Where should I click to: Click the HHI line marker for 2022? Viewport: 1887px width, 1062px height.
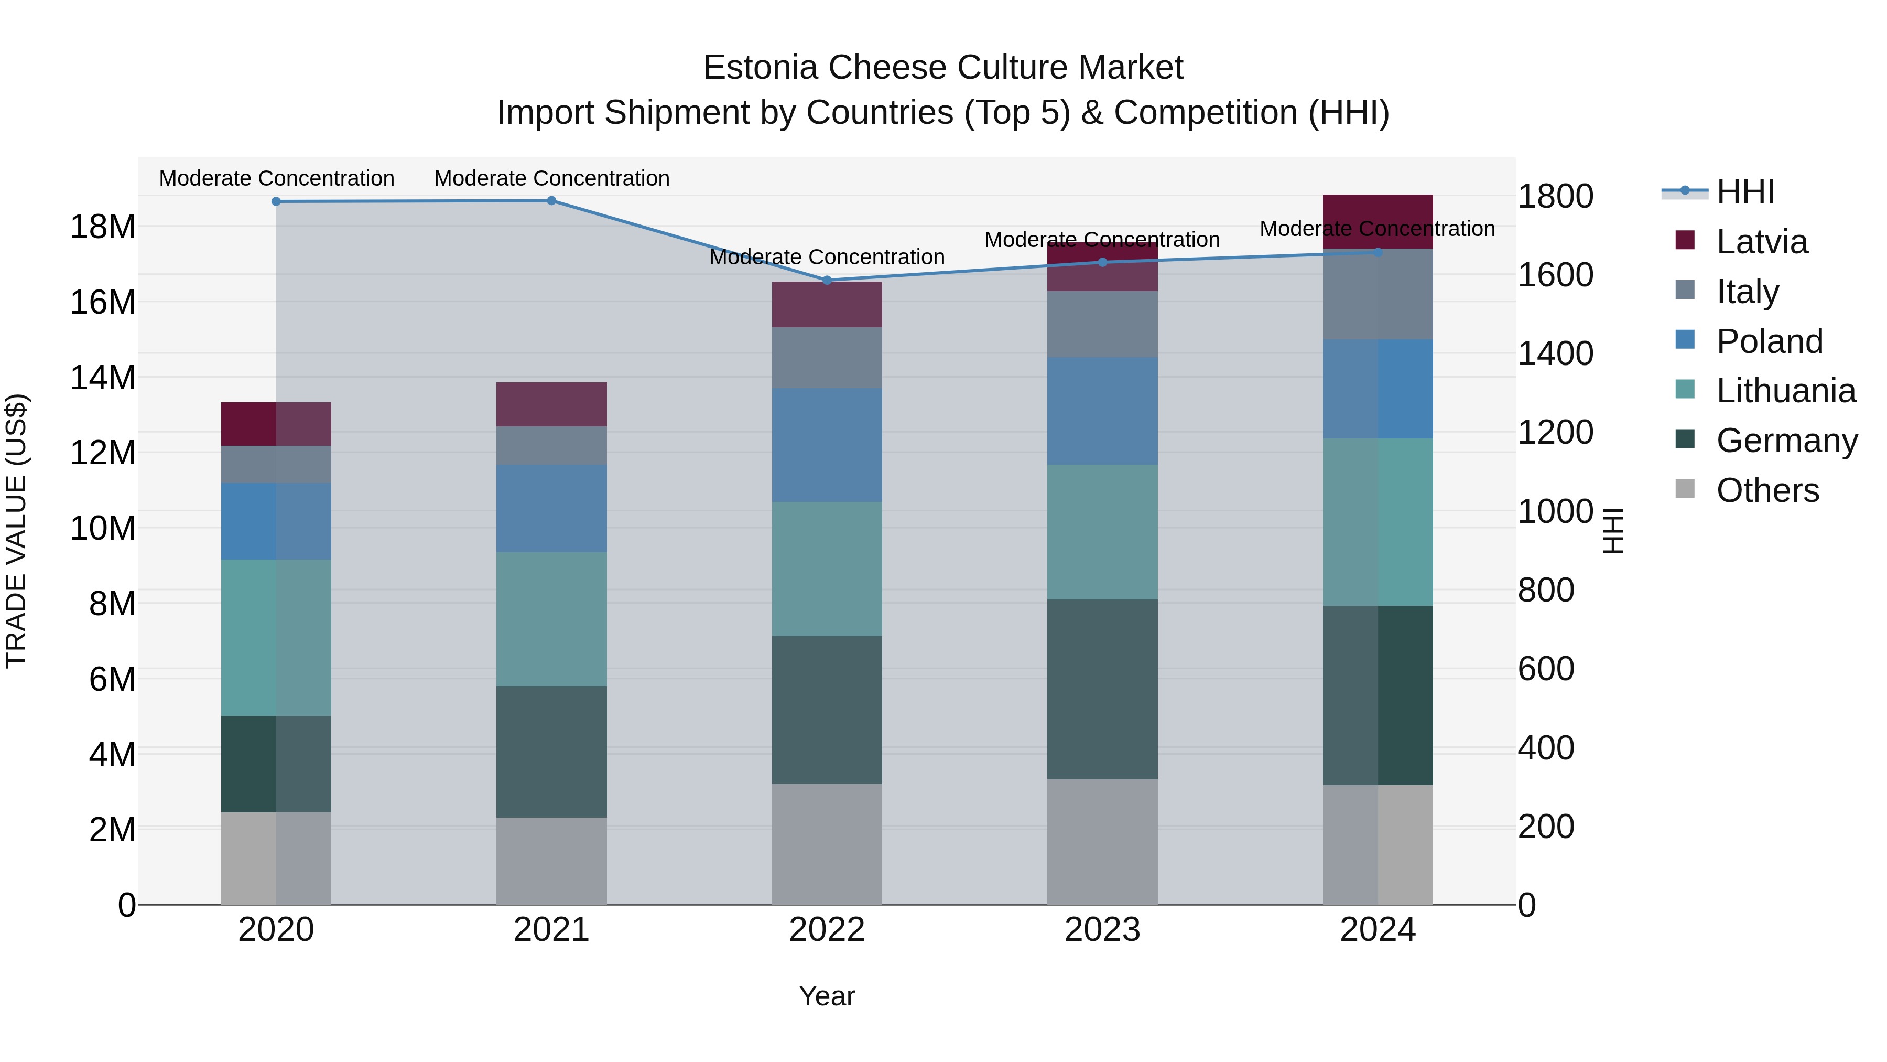click(827, 280)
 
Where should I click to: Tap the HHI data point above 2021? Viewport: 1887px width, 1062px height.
click(551, 201)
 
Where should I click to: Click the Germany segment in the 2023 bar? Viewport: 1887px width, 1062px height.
click(1102, 689)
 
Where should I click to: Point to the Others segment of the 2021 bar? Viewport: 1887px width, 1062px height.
click(551, 861)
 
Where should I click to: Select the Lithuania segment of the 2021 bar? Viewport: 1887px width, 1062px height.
click(551, 619)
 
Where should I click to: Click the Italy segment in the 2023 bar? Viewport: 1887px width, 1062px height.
click(1102, 324)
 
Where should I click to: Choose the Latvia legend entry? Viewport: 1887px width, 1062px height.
click(1761, 242)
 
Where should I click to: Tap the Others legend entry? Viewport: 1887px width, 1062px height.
click(1767, 490)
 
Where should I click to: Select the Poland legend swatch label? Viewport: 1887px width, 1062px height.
click(1769, 341)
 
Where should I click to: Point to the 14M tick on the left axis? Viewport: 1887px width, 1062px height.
click(103, 378)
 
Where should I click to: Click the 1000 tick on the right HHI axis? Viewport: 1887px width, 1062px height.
click(1555, 511)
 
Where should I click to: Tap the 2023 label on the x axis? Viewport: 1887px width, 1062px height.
click(1102, 930)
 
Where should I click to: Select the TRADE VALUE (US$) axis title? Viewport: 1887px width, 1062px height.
click(16, 531)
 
